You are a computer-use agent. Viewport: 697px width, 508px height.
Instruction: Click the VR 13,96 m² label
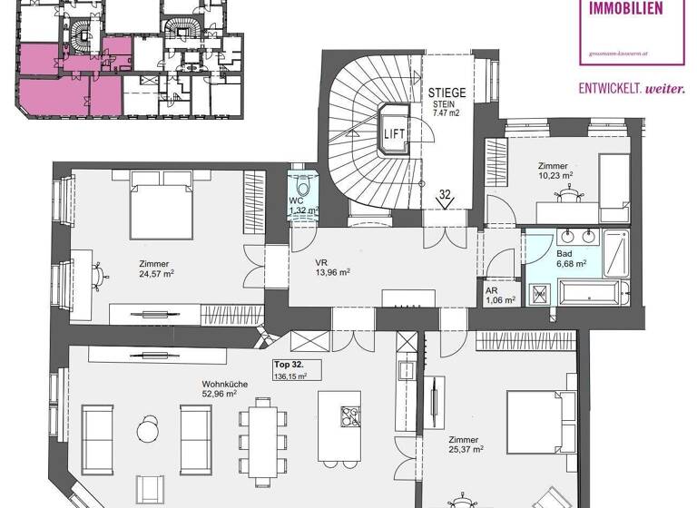tap(332, 270)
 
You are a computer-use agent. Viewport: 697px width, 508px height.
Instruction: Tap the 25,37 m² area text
tap(464, 449)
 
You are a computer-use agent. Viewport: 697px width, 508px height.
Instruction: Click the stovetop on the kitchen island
tap(348, 416)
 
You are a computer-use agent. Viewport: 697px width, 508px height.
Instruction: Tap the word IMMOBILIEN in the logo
tap(625, 10)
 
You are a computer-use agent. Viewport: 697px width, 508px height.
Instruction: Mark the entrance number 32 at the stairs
tap(445, 194)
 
